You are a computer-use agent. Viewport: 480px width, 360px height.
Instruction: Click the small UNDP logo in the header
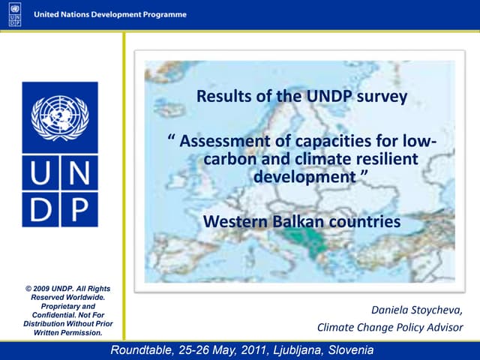click(15, 15)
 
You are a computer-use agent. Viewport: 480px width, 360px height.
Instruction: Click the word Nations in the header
click(83, 15)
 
